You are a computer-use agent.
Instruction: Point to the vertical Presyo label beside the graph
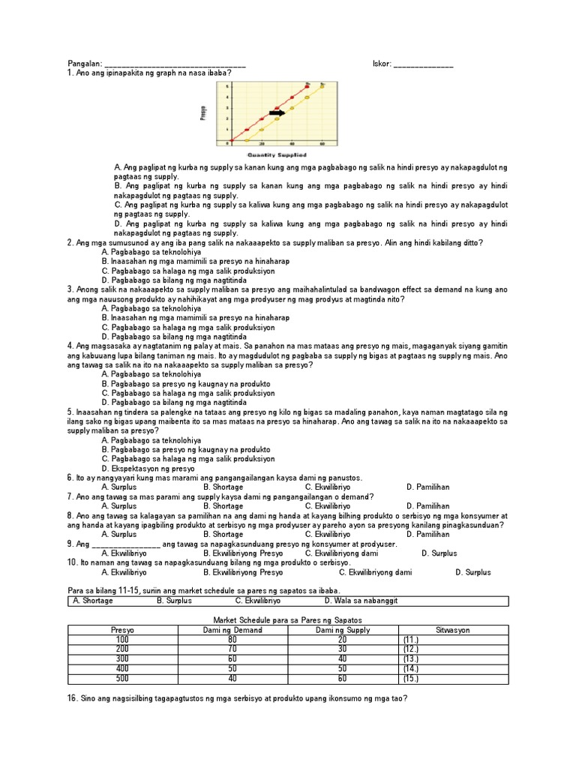coord(203,112)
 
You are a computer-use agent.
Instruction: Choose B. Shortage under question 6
coord(223,487)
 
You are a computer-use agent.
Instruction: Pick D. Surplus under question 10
coord(472,572)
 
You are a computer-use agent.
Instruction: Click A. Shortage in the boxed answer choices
coord(92,601)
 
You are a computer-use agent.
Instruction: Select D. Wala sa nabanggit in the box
coord(361,601)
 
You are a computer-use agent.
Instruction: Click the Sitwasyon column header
coord(452,630)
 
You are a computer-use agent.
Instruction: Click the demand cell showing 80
coord(232,640)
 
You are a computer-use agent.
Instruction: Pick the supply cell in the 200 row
coord(342,649)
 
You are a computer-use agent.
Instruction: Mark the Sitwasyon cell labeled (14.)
coord(410,669)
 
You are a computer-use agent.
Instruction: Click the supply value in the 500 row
coord(342,679)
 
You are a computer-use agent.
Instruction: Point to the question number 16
coord(73,698)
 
